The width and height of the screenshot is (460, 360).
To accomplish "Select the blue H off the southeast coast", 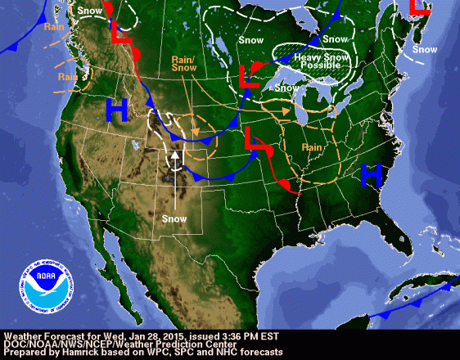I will (x=372, y=173).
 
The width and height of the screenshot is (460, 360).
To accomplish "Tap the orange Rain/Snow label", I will (x=183, y=65).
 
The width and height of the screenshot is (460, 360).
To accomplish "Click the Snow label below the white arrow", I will (x=174, y=218).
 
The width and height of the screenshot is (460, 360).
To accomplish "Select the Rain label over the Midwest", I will (x=311, y=147).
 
